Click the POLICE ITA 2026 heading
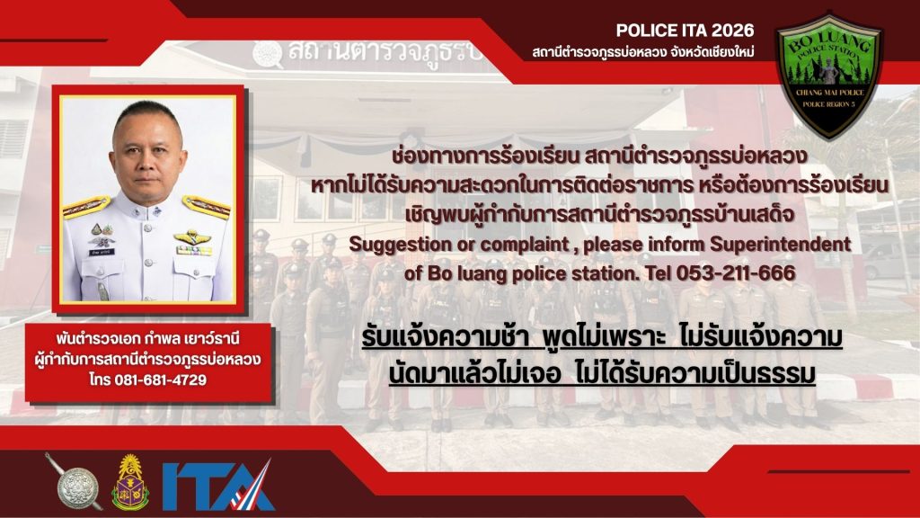pyautogui.click(x=685, y=31)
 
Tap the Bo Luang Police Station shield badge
pyautogui.click(x=829, y=76)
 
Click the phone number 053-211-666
pyautogui.click(x=737, y=273)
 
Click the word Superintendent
pyautogui.click(x=781, y=245)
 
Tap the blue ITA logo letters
pyautogui.click(x=217, y=486)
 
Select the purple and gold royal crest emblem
pyautogui.click(x=130, y=483)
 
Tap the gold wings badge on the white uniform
pyautogui.click(x=192, y=237)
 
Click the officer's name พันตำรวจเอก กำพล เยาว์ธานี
pyautogui.click(x=148, y=339)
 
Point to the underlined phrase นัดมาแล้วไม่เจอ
pyautogui.click(x=474, y=373)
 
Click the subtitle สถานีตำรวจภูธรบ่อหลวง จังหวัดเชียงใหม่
pyautogui.click(x=643, y=53)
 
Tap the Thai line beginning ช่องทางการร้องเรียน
pyautogui.click(x=598, y=156)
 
